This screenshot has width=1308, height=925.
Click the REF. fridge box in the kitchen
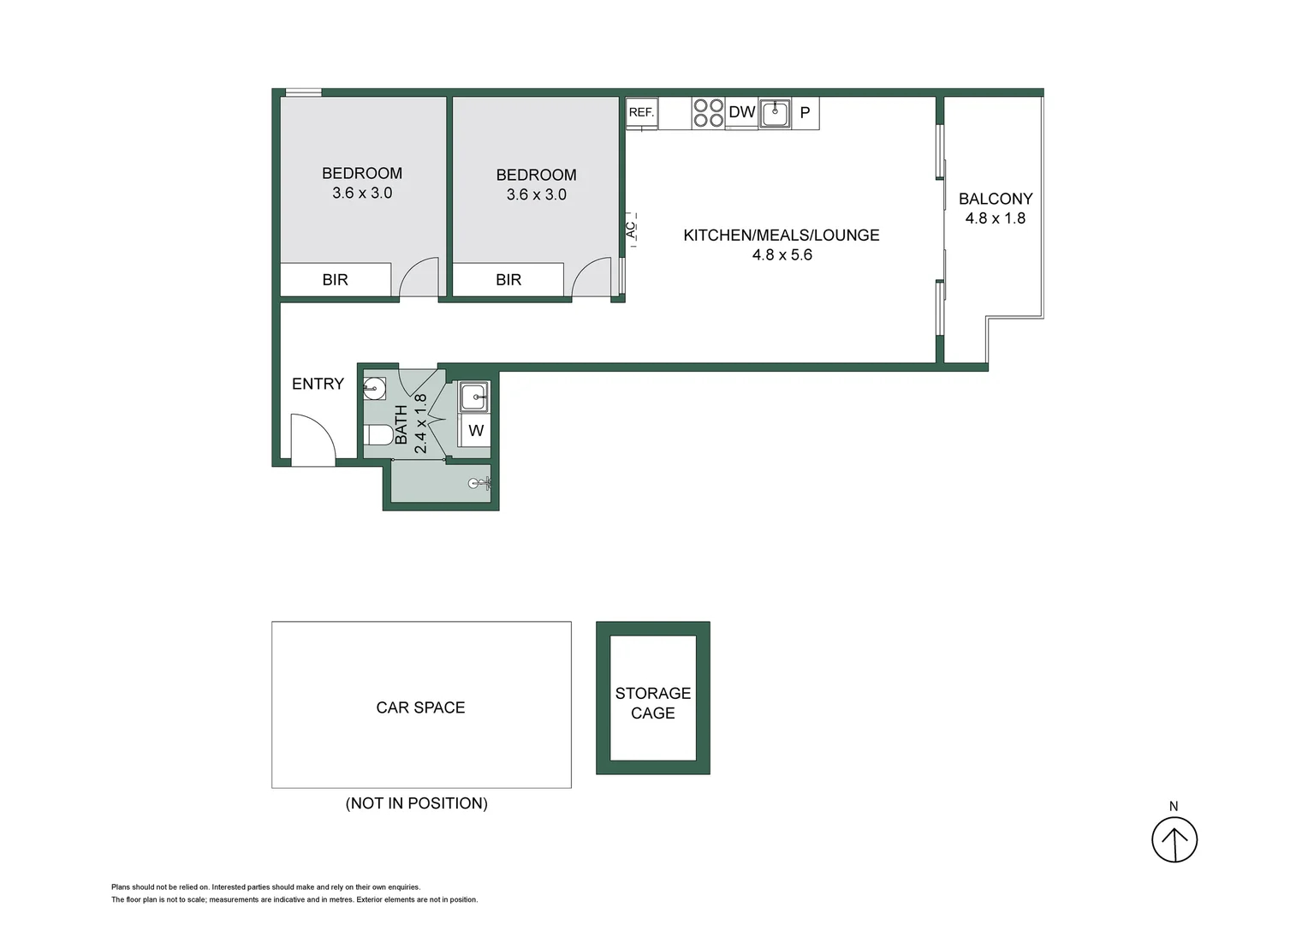(641, 112)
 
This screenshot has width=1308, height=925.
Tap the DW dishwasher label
(741, 112)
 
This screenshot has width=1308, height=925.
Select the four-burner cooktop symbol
(708, 113)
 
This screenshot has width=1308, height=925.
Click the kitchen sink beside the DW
(776, 113)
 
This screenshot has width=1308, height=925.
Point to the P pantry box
(805, 113)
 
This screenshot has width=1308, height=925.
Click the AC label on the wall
(632, 230)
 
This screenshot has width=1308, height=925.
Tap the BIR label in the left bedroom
(335, 280)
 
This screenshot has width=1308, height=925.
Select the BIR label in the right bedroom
(508, 280)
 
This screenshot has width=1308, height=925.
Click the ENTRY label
(318, 384)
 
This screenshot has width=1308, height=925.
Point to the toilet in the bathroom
(378, 434)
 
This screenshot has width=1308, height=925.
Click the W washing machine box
(476, 431)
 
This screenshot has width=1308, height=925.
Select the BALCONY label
(996, 199)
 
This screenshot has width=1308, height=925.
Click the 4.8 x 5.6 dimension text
(782, 255)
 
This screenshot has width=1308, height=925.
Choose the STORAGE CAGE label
(652, 703)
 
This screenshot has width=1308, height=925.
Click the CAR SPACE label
(420, 707)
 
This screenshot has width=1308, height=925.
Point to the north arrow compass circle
(1174, 839)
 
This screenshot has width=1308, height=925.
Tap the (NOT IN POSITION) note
(417, 803)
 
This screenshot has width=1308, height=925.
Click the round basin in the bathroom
(374, 388)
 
